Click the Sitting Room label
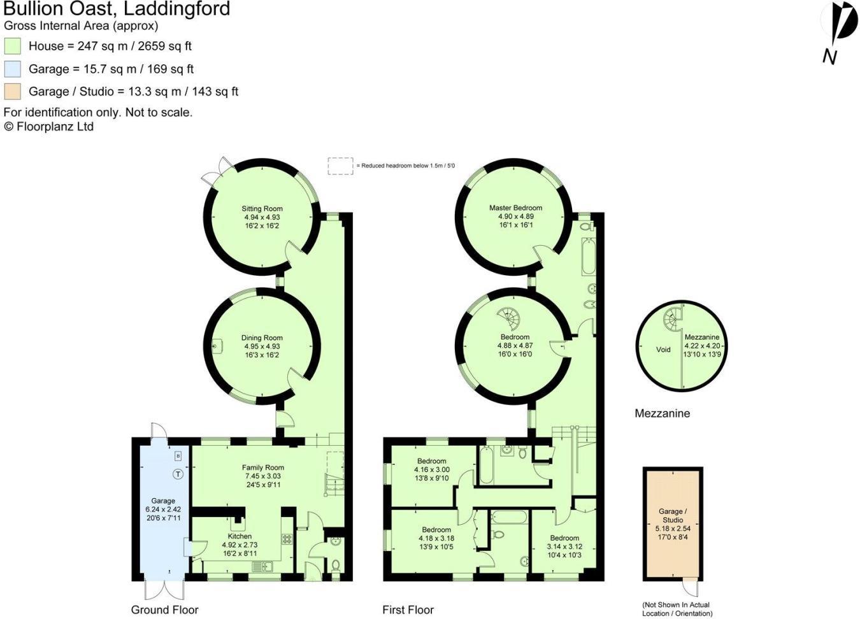pos(262,209)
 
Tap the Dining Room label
pos(262,338)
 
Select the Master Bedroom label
pos(515,208)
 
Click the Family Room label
pos(262,467)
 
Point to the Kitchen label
pos(240,536)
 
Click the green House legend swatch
pos(12,46)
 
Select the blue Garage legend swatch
pos(12,69)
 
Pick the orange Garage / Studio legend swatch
pos(12,91)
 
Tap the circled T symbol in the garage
pos(178,474)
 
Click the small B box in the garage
pos(178,456)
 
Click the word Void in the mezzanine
pos(663,349)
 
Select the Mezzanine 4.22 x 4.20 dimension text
pos(702,346)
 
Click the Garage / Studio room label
pos(673,515)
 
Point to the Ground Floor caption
pos(164,609)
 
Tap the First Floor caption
pos(408,609)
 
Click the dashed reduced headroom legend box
pos(340,166)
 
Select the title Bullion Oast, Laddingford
pos(117,10)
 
